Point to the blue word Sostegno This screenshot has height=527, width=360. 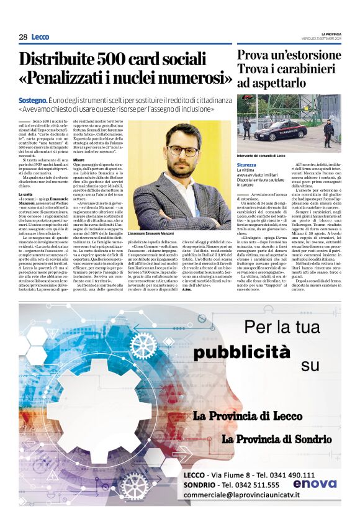coord(34,100)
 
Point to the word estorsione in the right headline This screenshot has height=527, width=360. coord(308,55)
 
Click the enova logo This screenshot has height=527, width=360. coord(314,484)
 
